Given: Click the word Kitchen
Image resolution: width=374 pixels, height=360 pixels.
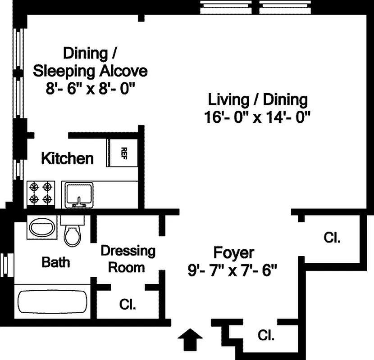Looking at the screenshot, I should [68, 158].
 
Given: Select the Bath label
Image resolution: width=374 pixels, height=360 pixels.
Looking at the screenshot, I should [56, 262].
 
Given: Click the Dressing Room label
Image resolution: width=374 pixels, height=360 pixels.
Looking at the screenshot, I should [128, 259].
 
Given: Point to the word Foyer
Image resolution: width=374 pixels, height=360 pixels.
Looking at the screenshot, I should [233, 252].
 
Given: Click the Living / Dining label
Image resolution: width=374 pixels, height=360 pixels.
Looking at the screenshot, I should [257, 99].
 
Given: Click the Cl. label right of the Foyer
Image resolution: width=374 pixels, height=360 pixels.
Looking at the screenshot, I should [332, 238].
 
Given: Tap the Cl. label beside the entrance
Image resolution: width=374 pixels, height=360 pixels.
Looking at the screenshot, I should [266, 335].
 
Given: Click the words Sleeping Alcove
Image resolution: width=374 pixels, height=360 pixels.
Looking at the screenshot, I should [91, 71].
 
